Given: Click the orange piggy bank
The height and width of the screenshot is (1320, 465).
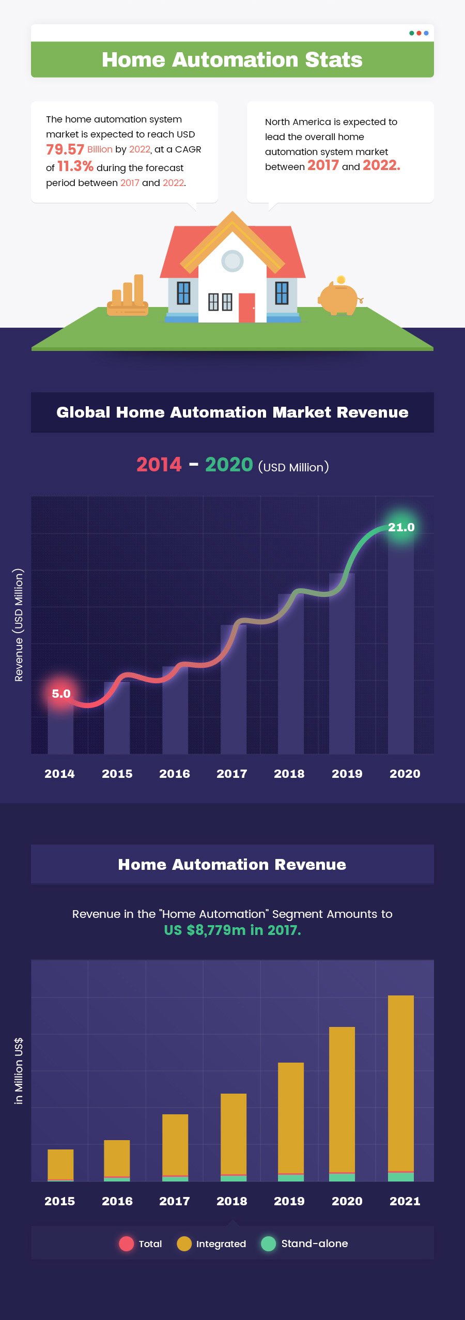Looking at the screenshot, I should (339, 298).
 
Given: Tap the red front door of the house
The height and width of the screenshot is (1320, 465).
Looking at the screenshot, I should (246, 308).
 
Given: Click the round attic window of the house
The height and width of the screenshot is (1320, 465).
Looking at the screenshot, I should (232, 261).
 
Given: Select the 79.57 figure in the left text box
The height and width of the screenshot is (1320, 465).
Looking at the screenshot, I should (65, 150).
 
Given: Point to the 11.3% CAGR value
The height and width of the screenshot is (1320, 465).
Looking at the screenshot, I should (75, 166).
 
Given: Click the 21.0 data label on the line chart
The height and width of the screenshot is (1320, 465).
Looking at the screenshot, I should (401, 527).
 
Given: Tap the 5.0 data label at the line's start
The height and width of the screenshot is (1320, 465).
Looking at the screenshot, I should (61, 694).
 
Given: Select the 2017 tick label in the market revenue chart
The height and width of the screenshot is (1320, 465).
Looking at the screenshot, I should (232, 774).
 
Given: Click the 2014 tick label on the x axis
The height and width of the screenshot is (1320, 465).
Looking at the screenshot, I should (59, 774).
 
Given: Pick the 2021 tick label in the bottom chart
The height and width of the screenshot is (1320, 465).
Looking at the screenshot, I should (405, 1201).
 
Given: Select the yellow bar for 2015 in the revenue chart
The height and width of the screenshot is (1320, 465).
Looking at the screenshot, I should (60, 1164).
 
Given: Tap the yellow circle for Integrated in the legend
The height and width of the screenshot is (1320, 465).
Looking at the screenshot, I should (184, 1244).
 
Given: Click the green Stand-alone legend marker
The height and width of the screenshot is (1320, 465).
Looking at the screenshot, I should (269, 1244).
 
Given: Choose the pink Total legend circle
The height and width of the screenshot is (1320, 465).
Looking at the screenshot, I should (127, 1244).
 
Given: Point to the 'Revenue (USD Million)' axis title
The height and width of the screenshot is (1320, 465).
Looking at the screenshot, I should (19, 625).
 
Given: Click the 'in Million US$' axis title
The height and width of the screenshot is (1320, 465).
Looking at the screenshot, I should (19, 1071).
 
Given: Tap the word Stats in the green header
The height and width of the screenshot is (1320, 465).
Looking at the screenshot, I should (333, 60).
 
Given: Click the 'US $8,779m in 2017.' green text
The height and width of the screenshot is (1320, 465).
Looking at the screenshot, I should (232, 930).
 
